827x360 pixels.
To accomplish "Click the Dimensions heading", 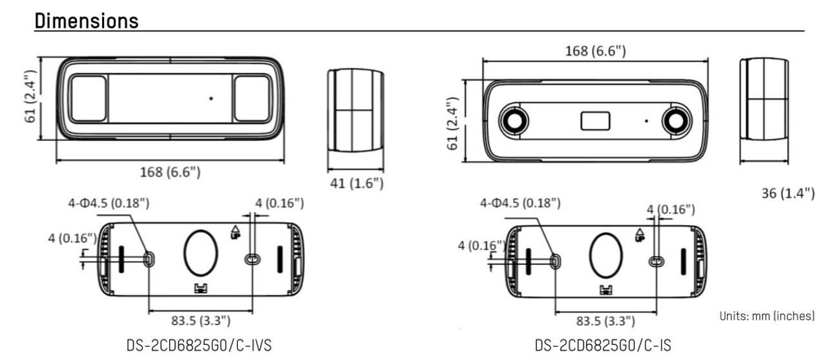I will pos(87,20).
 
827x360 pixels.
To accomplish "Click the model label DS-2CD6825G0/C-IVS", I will pos(199,345).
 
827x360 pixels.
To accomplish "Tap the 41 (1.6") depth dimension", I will pos(357,183).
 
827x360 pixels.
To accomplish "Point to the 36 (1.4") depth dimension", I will pos(788,193).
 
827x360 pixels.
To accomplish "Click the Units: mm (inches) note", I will pos(767,316).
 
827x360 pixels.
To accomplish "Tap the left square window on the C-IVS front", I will pos(89,98).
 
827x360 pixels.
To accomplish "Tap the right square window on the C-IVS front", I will pos(252,98).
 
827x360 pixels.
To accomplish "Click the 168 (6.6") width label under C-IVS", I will pos(170,172).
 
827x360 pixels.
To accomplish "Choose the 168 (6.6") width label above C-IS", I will pos(595,50).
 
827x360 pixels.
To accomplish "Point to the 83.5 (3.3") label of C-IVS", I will pos(200,321).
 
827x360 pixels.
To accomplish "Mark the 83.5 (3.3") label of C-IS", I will pos(605,321).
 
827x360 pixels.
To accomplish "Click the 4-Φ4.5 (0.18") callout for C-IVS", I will pos(109,203).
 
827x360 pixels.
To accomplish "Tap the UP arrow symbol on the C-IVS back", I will pos(235,232).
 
